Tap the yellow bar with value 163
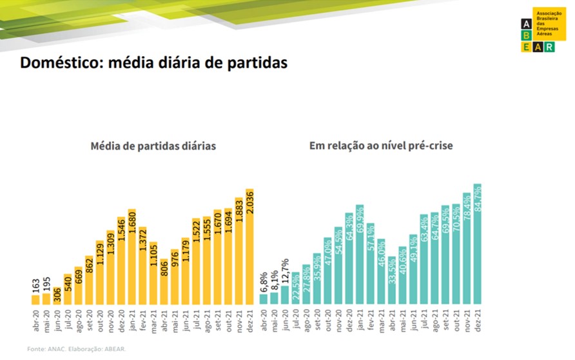(x=35, y=299)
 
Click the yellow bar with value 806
(x=164, y=281)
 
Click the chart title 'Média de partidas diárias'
(x=153, y=146)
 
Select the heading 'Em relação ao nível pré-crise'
(x=381, y=146)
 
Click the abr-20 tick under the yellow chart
(x=35, y=321)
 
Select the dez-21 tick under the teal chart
(x=478, y=321)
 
